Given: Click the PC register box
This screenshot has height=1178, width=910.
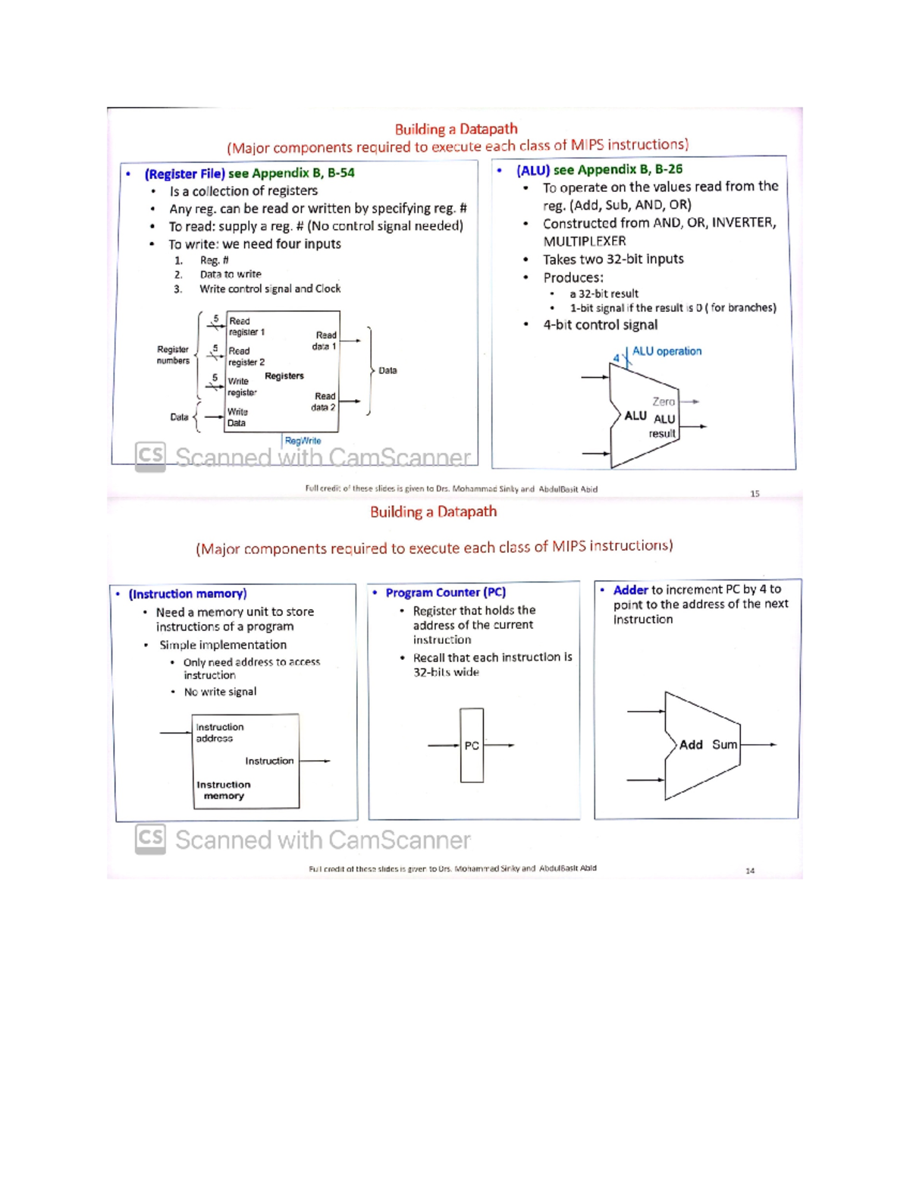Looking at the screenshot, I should (472, 745).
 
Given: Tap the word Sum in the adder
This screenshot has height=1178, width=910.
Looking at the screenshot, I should (724, 745).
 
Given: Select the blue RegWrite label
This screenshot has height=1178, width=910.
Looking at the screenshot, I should (303, 441).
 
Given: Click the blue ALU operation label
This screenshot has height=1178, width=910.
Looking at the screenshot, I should (667, 351).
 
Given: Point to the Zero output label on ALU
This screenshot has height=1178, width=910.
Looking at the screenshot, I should (664, 401).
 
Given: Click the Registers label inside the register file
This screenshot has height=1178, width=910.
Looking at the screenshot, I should (284, 376).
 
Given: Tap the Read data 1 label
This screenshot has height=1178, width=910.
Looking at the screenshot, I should (325, 341).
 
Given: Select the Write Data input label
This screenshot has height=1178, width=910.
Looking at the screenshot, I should (237, 417).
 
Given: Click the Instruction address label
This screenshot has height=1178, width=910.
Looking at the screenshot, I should (219, 733).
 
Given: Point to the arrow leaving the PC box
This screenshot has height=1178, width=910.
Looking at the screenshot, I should (500, 745).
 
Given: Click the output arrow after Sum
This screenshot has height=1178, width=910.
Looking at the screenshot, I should (759, 745).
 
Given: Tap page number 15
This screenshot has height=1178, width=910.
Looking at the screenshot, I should (755, 494).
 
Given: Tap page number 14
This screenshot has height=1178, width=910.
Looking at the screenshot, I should (750, 871).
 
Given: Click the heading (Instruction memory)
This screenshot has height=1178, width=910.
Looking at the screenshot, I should (187, 594).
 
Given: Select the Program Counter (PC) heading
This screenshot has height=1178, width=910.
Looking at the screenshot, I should (445, 592).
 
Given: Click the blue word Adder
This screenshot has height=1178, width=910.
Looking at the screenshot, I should (630, 589).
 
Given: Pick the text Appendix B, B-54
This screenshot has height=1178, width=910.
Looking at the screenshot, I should (303, 173).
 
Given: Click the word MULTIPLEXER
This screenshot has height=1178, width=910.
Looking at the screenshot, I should (584, 241).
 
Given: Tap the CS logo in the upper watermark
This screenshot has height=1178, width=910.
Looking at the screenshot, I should (150, 456).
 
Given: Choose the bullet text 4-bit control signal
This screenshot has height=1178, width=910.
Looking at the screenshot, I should (600, 325).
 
